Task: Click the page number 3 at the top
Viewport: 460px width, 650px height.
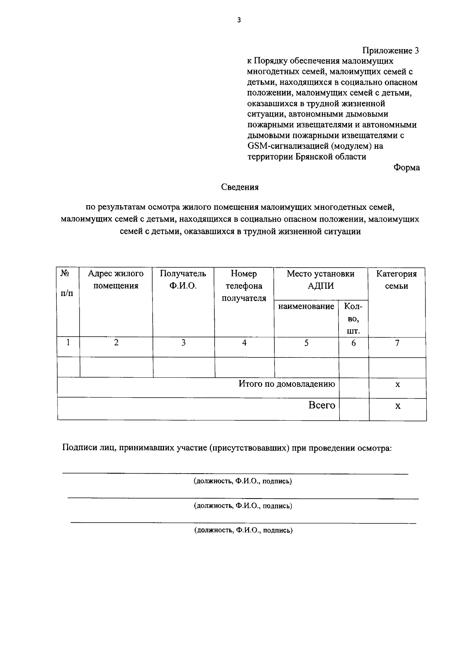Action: click(238, 21)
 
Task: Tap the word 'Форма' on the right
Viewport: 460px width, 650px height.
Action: click(406, 168)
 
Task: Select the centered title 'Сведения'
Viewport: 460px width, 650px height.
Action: click(240, 187)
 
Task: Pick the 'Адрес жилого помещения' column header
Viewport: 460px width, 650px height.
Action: click(116, 280)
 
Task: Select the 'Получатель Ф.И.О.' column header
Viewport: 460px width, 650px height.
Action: click(183, 280)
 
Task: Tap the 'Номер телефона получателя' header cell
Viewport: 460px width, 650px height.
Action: click(244, 286)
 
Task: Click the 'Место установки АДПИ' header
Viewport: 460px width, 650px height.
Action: click(320, 280)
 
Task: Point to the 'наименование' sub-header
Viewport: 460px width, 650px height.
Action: click(306, 306)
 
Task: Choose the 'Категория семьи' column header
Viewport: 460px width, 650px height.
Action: click(396, 280)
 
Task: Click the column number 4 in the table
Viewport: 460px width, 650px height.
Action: click(244, 343)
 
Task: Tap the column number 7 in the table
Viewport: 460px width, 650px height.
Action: click(397, 343)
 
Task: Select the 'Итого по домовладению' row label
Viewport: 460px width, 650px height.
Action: click(287, 384)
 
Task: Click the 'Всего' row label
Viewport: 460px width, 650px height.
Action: click(322, 405)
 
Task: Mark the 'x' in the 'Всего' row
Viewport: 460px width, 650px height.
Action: click(398, 406)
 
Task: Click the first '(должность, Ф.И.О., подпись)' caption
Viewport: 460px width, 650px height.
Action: click(243, 481)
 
